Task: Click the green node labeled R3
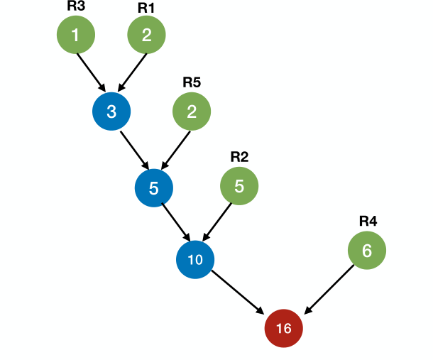coord(76,35)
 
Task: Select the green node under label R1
coord(146,35)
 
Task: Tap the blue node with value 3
coord(111,111)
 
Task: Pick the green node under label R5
coord(192,111)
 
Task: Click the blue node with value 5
coord(153,187)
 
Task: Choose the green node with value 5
coord(239,186)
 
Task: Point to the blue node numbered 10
coord(195,259)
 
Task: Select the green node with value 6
coord(367,250)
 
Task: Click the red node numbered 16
coord(283,328)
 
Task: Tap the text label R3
coord(76,6)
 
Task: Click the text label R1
coord(146,7)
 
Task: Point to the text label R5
coord(192,82)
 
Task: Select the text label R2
coord(239,156)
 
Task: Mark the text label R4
coord(367,221)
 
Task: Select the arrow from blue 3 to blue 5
coord(133,150)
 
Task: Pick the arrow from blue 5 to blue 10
coord(175,223)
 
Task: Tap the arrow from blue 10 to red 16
coord(239,293)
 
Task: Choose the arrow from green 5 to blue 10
coord(217,222)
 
